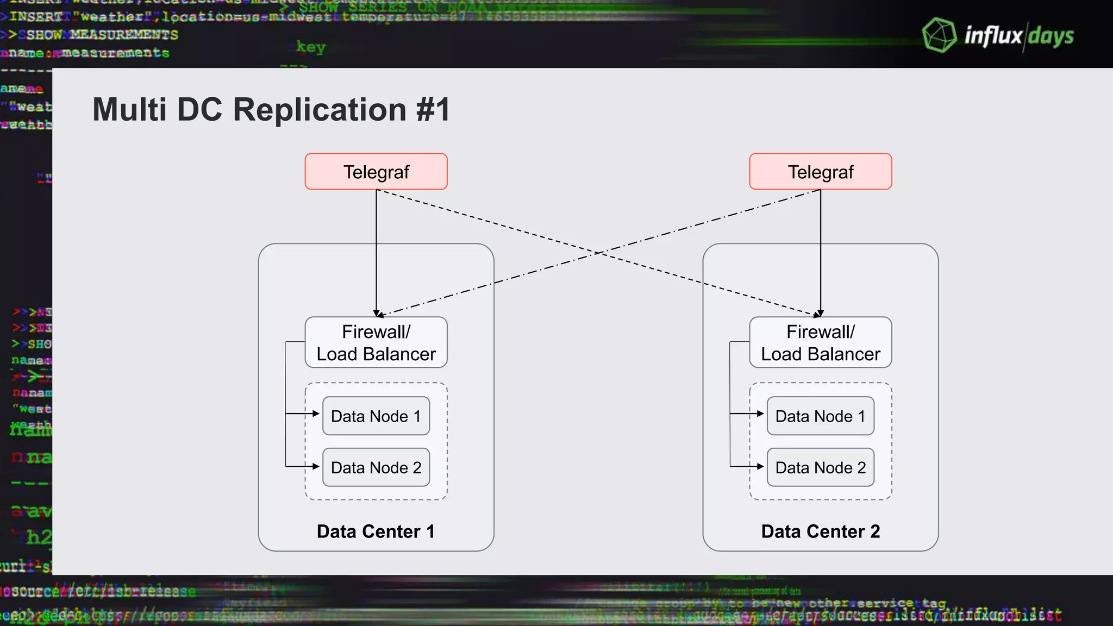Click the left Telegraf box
point(376,172)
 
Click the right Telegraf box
point(820,172)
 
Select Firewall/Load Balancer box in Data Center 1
point(376,342)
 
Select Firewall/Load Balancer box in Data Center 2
point(820,342)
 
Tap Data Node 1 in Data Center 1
point(376,416)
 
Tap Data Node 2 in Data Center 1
point(376,467)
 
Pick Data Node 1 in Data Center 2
point(820,416)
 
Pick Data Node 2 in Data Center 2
point(820,467)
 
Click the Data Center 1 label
point(376,531)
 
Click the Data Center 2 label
point(820,531)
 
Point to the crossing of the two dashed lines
point(598,253)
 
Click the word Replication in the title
point(320,110)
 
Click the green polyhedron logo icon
point(939,35)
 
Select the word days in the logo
point(1051,36)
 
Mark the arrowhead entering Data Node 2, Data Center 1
point(316,466)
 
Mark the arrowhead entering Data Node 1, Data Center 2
point(761,414)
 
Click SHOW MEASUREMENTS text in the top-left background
point(102,35)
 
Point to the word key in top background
point(311,47)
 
